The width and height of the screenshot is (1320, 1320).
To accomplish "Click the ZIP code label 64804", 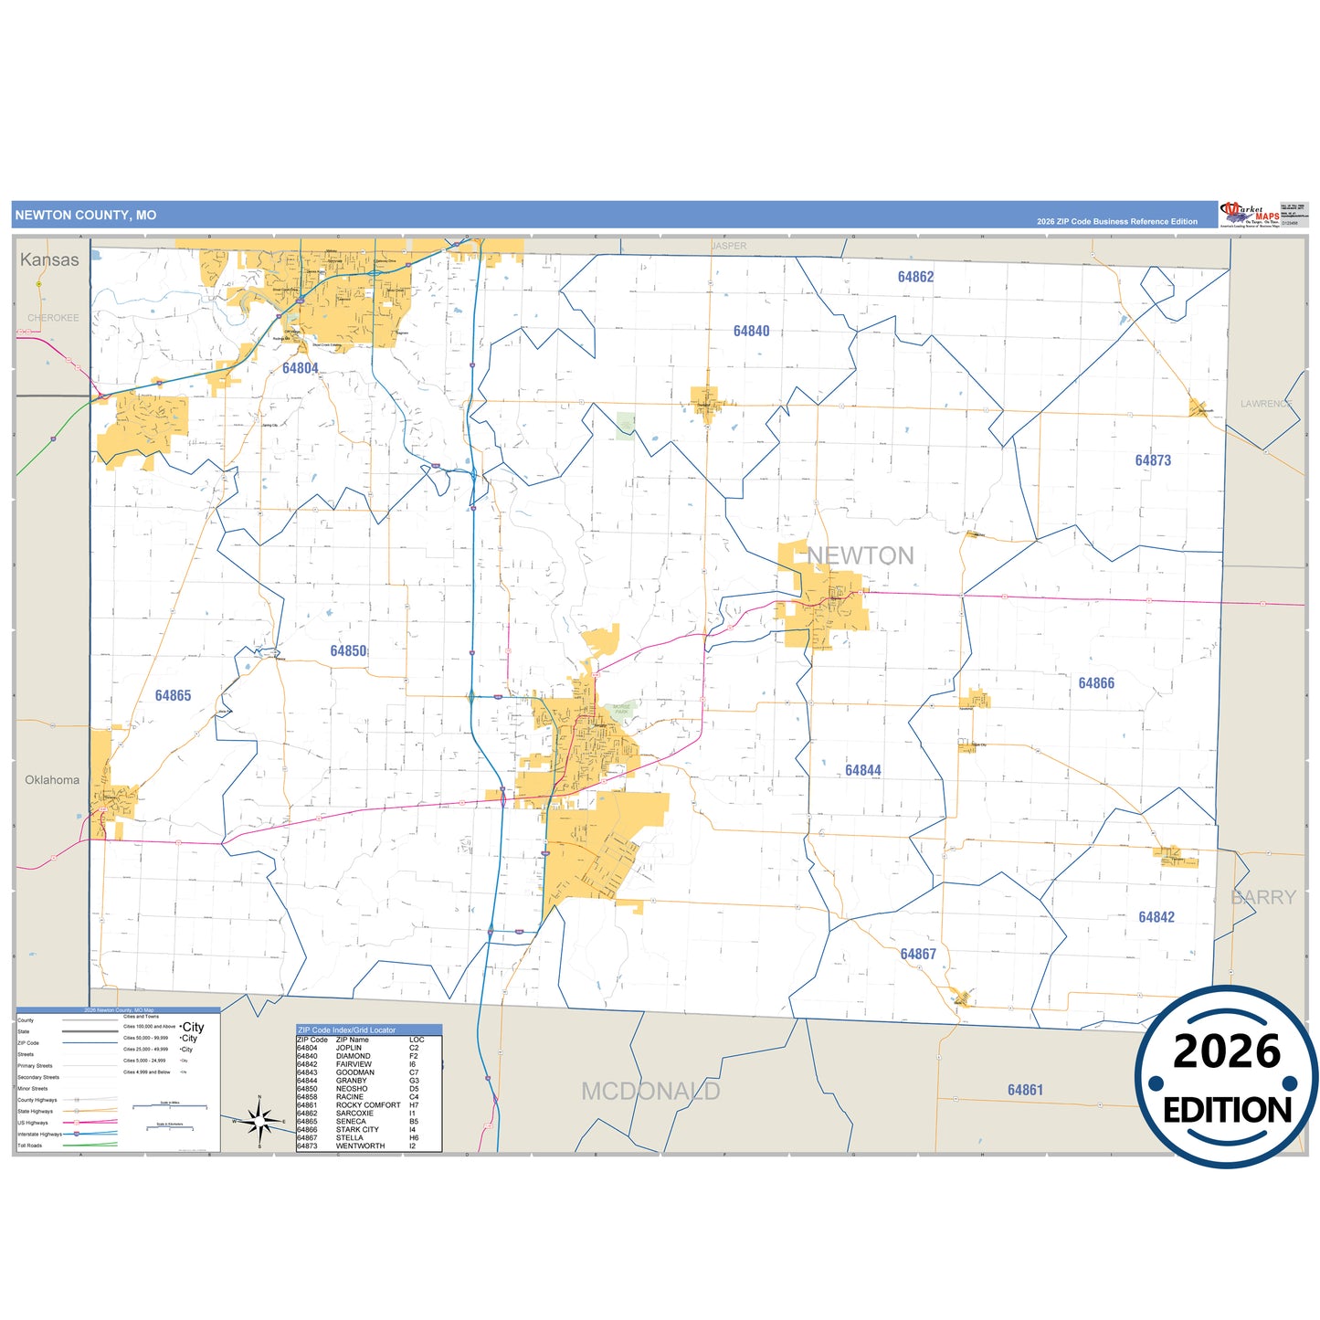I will click(300, 368).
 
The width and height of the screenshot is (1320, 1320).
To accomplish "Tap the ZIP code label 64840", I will click(751, 331).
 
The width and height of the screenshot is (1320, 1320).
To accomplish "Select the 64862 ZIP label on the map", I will click(915, 277).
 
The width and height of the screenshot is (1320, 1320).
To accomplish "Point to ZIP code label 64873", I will click(1153, 460).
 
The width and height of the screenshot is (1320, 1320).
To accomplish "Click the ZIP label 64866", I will click(1096, 683).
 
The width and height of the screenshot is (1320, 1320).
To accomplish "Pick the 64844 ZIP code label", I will click(863, 770).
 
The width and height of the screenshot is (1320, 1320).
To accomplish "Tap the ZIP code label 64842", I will click(1156, 917).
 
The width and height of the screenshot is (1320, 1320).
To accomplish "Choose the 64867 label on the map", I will click(918, 954).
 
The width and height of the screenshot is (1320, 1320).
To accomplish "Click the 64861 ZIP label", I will click(1025, 1090).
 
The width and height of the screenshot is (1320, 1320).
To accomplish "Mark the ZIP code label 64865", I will click(173, 696).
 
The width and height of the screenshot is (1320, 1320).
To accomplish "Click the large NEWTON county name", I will click(860, 555).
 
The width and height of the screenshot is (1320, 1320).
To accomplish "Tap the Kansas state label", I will click(49, 259).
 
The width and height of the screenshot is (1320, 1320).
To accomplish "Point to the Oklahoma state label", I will click(52, 780).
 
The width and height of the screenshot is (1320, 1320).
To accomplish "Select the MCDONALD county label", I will click(650, 1091).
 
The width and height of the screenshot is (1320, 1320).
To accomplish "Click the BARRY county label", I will click(1263, 897).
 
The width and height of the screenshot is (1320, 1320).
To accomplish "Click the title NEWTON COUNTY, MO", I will click(86, 216).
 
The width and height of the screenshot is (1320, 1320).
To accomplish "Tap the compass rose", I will click(259, 1120).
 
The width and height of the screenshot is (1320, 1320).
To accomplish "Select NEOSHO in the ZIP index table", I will click(352, 1089).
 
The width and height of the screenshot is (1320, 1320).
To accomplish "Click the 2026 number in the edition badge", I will click(1226, 1051).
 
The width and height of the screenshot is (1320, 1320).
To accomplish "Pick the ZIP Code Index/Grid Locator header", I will click(347, 1030).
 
